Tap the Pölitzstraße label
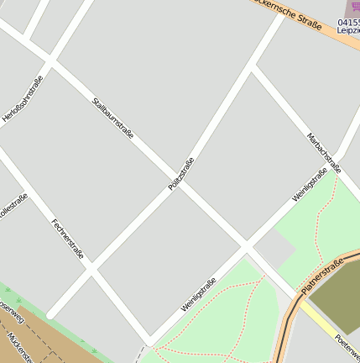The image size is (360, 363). pos(180,173)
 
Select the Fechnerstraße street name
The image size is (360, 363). pos(67,239)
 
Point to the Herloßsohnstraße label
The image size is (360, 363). pos(23,99)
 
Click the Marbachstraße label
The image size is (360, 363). pos(323,150)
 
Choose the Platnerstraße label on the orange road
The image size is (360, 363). pos(323,277)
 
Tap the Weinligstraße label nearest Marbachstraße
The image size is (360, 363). pos(310,186)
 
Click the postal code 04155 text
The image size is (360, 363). pos(349,22)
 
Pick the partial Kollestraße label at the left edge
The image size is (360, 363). pos(13,206)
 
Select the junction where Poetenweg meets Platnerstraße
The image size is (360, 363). pos(300,297)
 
